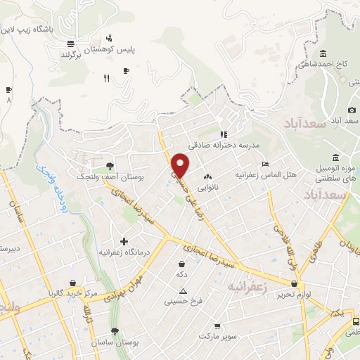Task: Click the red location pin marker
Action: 181,165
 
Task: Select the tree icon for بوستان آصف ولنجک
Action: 110,166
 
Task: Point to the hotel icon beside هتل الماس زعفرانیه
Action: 264,164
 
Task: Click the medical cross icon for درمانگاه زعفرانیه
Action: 124,241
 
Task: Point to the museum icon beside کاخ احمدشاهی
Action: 323,54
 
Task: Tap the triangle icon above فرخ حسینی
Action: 183,290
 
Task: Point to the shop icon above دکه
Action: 182,264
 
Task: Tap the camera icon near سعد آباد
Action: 352,110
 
